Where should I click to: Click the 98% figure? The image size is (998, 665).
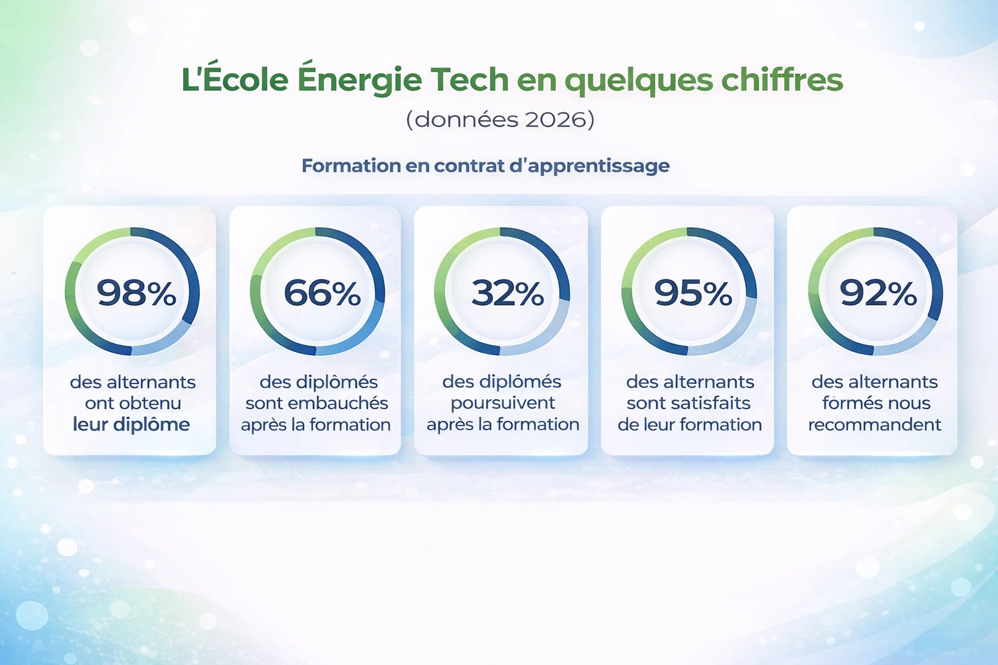coord(136,293)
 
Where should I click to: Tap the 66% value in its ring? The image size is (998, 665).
coord(322,293)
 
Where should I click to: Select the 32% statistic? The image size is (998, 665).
coord(507,293)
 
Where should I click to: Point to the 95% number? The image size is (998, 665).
coord(693,293)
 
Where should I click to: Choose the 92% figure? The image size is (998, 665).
coord(878,293)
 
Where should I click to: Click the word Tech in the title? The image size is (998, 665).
coord(470,80)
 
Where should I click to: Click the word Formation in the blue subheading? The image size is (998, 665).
coord(351,166)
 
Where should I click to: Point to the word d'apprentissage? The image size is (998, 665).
coord(589,166)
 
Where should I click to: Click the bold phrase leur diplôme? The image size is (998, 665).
coord(131,425)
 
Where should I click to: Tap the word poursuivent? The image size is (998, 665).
coord(503,403)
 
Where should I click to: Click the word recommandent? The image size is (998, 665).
coord(875,425)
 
